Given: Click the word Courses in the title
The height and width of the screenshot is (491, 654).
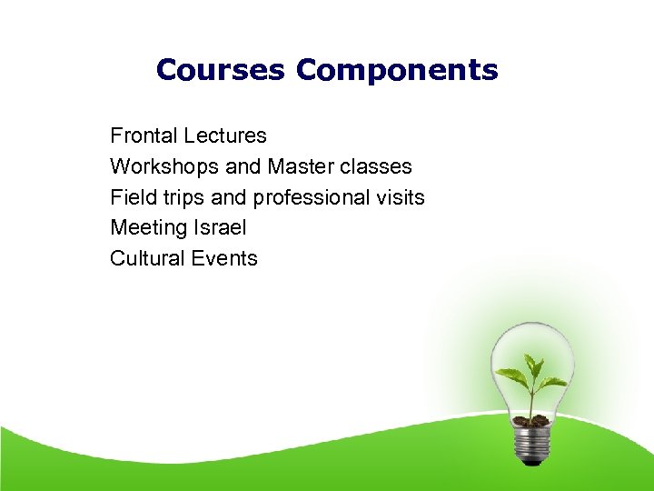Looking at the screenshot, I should [220, 70].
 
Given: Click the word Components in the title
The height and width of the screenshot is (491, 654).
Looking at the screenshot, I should [397, 70].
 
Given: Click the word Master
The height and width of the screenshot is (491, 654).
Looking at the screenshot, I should [301, 167].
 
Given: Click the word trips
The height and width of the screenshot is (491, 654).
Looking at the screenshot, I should [180, 198].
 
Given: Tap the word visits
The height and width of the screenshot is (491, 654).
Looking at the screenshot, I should [400, 197].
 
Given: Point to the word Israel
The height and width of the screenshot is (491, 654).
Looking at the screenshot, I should [219, 227].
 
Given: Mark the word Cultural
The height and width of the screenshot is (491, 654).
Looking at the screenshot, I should [145, 258].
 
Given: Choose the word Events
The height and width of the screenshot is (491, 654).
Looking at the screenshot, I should [223, 258].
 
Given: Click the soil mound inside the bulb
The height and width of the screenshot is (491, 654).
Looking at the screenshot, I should [530, 420].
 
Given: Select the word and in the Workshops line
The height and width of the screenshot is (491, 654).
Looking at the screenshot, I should [241, 167].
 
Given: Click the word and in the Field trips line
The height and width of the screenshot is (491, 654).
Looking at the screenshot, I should [228, 197].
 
